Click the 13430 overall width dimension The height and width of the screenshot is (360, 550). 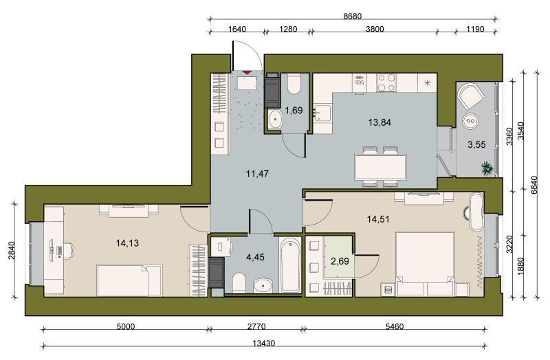click(x=264, y=344)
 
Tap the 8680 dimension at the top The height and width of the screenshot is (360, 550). click(x=352, y=16)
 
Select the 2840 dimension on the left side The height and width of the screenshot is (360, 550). click(x=11, y=250)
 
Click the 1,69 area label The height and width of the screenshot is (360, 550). click(x=294, y=111)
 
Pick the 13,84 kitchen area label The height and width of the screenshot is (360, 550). click(x=379, y=122)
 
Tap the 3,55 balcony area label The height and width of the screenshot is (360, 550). click(x=476, y=144)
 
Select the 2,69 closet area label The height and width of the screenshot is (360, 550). click(x=340, y=261)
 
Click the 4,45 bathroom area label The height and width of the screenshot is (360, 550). click(x=255, y=258)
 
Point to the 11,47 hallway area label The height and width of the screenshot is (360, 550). click(x=257, y=173)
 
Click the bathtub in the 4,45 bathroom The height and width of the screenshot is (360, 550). click(x=290, y=265)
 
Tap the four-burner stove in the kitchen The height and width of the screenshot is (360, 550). click(x=386, y=82)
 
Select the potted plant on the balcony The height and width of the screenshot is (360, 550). click(x=487, y=168)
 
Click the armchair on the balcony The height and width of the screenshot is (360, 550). click(x=471, y=95)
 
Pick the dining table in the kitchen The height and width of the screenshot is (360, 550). click(x=381, y=167)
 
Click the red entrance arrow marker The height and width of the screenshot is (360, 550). click(x=247, y=73)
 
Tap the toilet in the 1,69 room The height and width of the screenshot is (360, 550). click(x=294, y=84)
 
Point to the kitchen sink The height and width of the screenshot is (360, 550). click(x=322, y=112)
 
